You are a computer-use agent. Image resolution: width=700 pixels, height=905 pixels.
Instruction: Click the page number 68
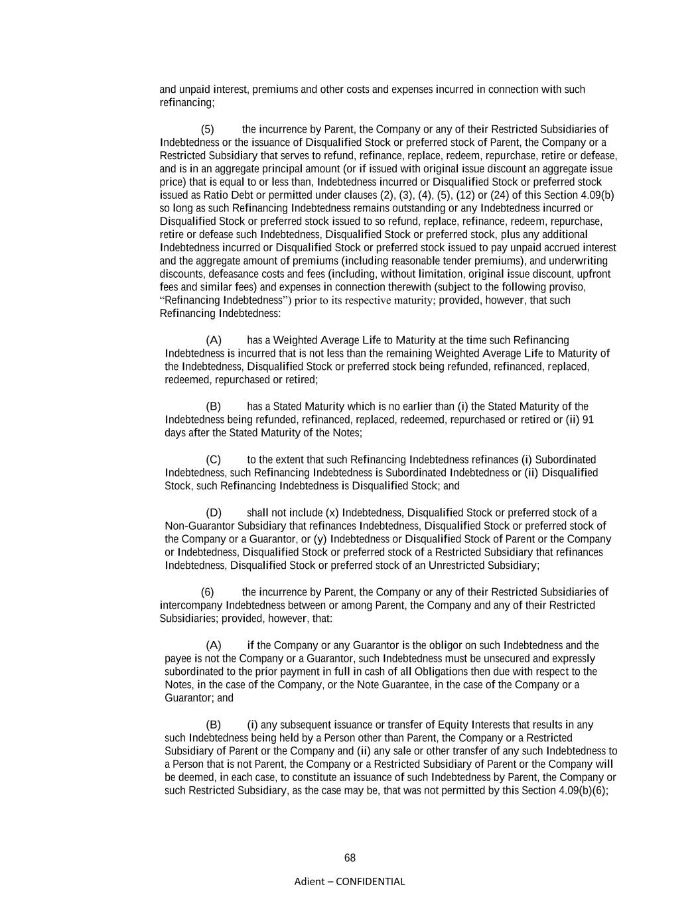click(x=350, y=858)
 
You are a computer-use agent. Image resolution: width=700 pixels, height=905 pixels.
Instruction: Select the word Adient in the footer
click(x=309, y=881)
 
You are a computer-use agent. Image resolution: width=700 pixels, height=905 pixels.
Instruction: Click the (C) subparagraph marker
click(x=213, y=459)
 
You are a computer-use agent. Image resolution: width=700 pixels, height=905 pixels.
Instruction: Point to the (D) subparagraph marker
click(x=214, y=513)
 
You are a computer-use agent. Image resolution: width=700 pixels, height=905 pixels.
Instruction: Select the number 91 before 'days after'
click(x=587, y=420)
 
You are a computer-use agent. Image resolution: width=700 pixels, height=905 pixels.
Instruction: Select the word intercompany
click(x=191, y=605)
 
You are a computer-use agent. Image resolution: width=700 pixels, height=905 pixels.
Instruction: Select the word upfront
click(x=591, y=274)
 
